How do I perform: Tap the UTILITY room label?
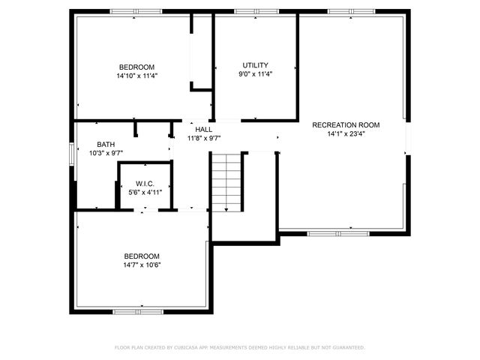click(255, 65)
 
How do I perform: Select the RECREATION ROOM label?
click(346, 125)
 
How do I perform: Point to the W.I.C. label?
click(145, 184)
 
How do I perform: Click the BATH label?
click(106, 144)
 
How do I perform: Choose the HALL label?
click(203, 129)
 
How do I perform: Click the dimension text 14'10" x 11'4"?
click(136, 76)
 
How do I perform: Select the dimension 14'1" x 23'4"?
click(346, 135)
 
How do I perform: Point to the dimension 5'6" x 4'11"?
click(145, 193)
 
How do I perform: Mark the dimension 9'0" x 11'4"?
click(255, 74)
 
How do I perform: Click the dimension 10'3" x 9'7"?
click(106, 153)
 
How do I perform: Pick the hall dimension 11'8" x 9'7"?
click(203, 138)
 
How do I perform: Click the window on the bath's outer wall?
click(73, 153)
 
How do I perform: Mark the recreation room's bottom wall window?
click(338, 233)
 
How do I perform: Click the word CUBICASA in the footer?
click(191, 347)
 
